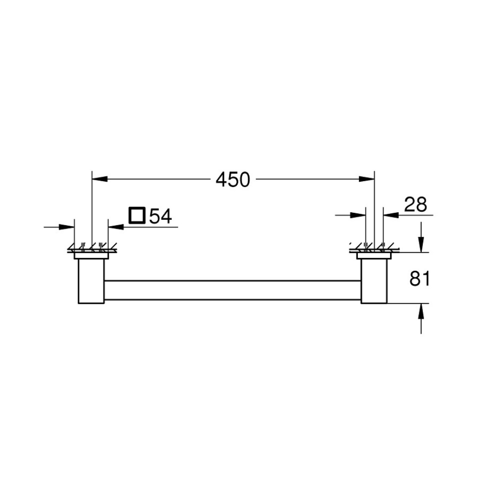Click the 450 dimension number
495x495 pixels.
point(233,180)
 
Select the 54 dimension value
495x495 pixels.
point(160,216)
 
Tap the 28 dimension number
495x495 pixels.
point(415,204)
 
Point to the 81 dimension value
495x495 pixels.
point(419,279)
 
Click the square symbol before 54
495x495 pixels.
point(137,215)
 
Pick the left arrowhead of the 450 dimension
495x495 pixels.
point(100,179)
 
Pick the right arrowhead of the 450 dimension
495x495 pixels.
point(366,179)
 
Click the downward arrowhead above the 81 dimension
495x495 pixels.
point(421,245)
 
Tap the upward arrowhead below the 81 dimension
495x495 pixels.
point(421,311)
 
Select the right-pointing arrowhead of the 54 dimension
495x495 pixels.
point(67,227)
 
